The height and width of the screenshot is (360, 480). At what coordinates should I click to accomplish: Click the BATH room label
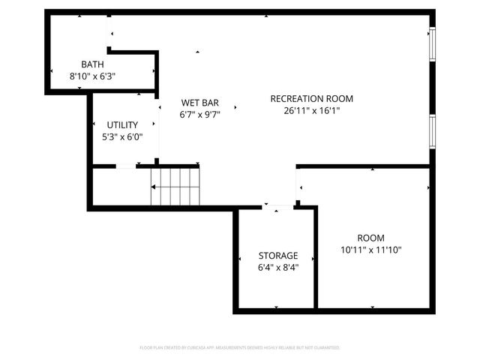[92, 64]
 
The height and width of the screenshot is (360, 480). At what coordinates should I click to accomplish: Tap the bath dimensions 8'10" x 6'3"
[92, 76]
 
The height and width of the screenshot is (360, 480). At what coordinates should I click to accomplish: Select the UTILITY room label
[121, 124]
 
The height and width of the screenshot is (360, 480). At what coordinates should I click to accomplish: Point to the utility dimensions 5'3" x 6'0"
[121, 136]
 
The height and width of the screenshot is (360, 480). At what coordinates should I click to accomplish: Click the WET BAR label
[199, 103]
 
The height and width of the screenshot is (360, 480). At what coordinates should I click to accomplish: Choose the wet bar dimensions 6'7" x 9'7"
[199, 115]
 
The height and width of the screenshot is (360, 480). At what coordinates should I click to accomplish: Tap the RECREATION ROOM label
[311, 98]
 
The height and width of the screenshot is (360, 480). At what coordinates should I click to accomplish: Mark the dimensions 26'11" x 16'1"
[311, 110]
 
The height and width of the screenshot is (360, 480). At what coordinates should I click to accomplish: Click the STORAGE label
[277, 255]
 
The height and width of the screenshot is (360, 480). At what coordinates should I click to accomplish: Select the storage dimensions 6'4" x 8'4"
[277, 267]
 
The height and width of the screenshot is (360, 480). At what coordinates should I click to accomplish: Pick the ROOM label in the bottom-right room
[370, 237]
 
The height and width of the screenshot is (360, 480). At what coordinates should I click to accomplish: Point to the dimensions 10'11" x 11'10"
[370, 249]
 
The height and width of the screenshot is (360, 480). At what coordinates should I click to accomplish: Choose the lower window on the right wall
[432, 130]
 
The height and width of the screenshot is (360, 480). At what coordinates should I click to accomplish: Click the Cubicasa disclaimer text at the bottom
[240, 348]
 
